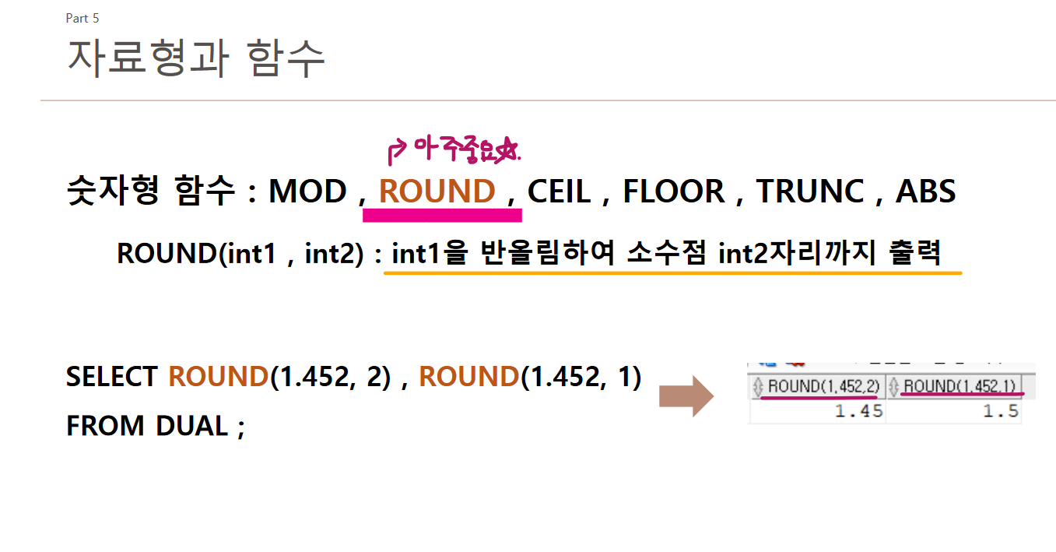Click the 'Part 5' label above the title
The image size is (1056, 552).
pos(82,18)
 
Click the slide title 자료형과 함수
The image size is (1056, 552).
pos(196,58)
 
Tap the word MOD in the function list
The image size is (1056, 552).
pos(307,192)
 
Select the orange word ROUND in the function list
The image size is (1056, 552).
pos(437,192)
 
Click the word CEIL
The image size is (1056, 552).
pos(559,192)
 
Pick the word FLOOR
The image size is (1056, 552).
pos(674,192)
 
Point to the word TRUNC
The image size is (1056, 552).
pos(810,192)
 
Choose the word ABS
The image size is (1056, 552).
pos(925,192)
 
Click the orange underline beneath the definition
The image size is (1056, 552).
pos(672,273)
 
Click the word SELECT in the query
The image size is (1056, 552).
pos(111,377)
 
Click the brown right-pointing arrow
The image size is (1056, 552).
pos(686,396)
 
